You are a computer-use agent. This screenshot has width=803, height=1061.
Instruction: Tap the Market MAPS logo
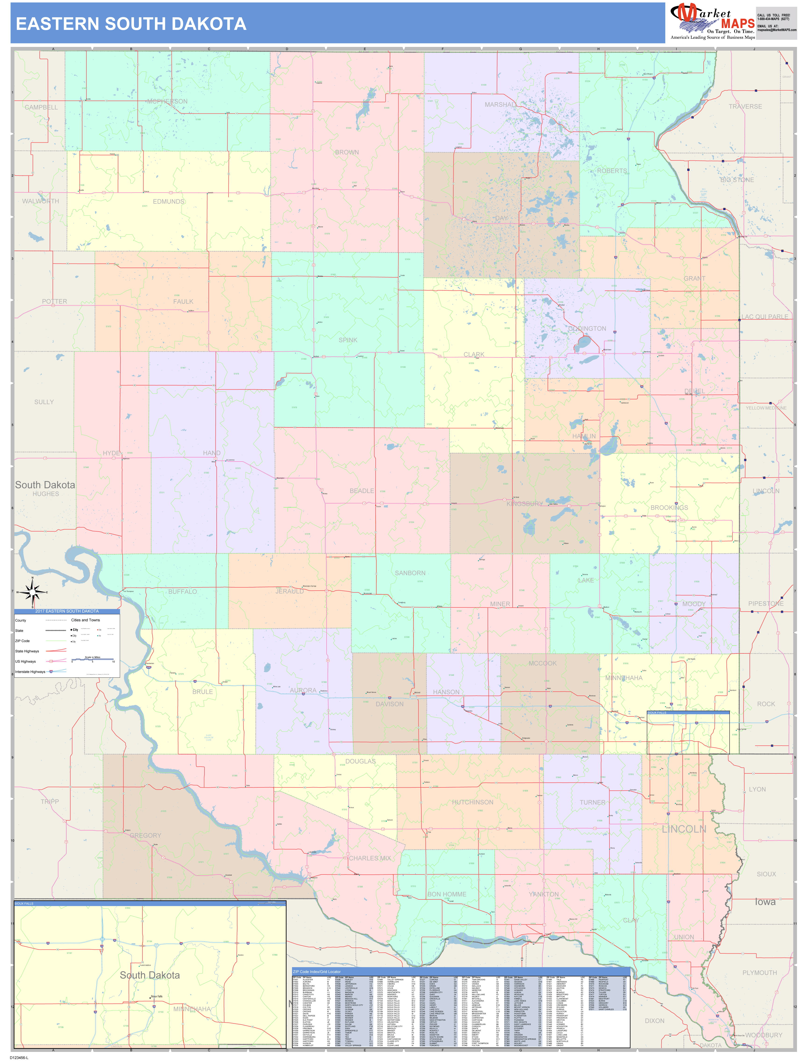click(x=712, y=21)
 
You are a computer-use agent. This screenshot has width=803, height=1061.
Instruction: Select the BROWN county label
click(x=347, y=152)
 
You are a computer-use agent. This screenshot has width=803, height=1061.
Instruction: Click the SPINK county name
click(x=348, y=340)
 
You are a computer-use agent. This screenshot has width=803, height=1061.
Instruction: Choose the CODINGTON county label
click(x=587, y=328)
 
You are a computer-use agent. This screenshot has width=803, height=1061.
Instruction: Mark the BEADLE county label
click(x=362, y=491)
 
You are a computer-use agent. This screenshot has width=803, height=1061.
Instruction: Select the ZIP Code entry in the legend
click(x=23, y=641)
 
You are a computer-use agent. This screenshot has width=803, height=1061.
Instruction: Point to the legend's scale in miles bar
click(x=93, y=660)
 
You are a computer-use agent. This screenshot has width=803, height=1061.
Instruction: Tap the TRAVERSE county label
click(x=745, y=106)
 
